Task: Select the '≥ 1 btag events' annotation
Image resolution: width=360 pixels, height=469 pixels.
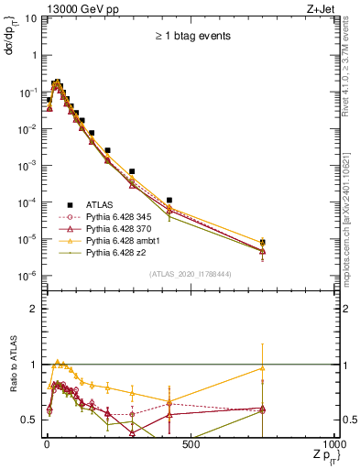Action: pyautogui.click(x=191, y=38)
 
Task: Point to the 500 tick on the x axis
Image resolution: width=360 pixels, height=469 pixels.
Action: pyautogui.click(x=190, y=444)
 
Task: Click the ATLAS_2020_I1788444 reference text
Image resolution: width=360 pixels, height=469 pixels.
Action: pyautogui.click(x=191, y=274)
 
